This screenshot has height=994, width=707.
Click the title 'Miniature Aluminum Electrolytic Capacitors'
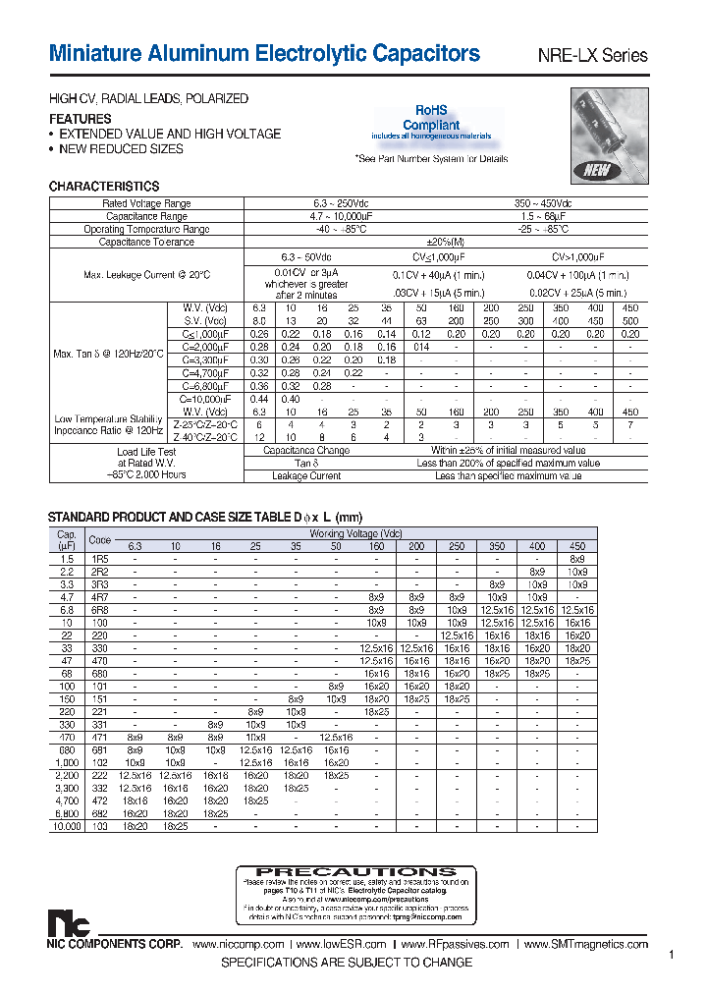(264, 54)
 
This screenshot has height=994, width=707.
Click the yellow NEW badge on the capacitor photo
(597, 169)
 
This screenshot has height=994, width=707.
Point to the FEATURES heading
(80, 119)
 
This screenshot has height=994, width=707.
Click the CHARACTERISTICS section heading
(104, 186)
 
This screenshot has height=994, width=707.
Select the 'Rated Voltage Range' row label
(146, 203)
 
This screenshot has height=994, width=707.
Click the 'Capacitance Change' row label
(305, 450)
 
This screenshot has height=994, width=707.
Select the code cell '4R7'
(100, 596)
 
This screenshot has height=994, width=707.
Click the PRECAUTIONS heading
(355, 871)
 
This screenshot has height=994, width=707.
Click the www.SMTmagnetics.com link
(586, 944)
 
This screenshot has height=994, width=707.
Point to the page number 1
(672, 955)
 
